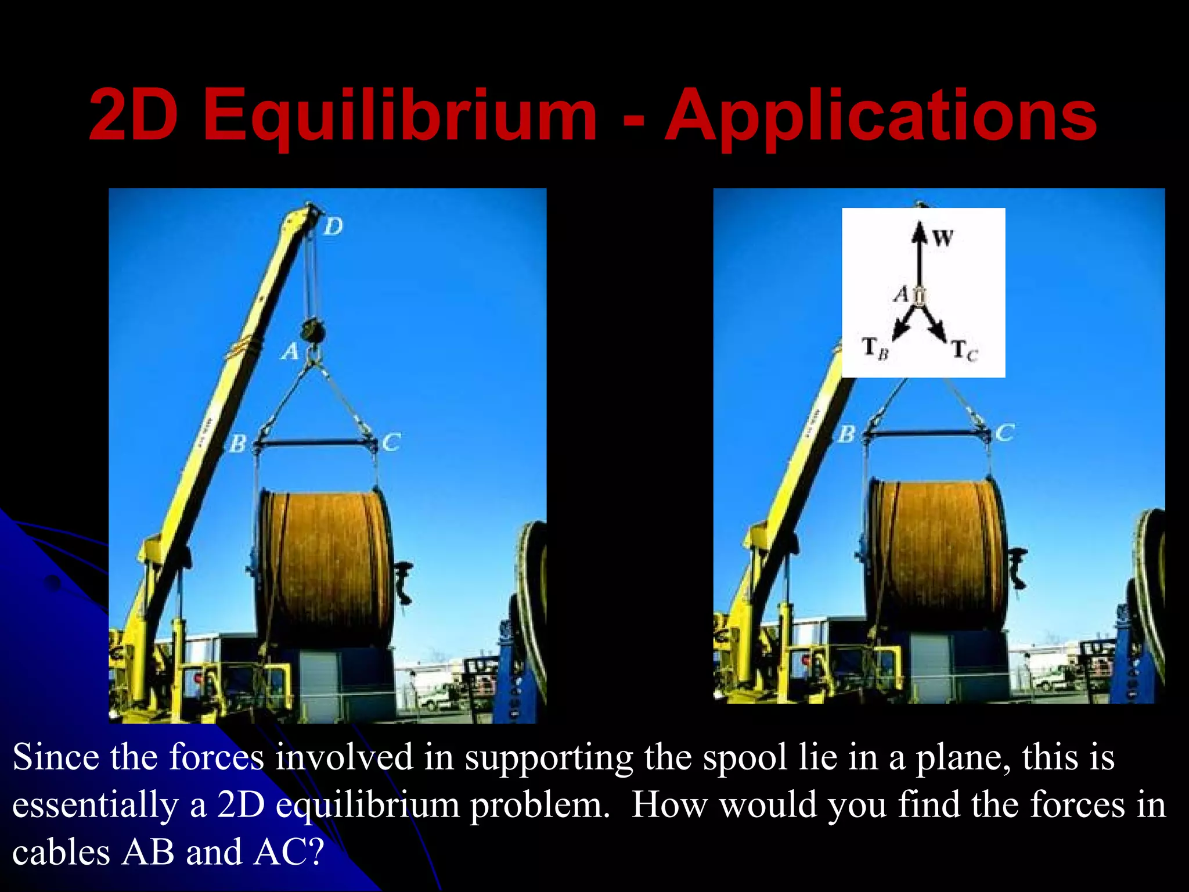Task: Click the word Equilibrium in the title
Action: coord(399,116)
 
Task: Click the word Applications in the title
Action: coord(881,116)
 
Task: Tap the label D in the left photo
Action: coord(333,226)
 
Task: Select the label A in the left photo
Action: coord(290,351)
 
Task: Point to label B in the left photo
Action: coord(237,444)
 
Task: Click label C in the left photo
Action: coord(391,443)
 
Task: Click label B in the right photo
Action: coord(847,434)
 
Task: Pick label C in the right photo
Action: coord(1004,433)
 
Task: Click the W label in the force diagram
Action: coord(943,238)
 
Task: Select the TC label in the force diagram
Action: coord(964,350)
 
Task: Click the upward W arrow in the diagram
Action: coord(919,256)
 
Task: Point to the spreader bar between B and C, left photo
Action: coord(314,444)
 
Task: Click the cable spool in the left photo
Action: coord(325,566)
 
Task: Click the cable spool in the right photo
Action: coord(938,555)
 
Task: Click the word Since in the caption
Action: coord(56,757)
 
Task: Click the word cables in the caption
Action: coord(61,853)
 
